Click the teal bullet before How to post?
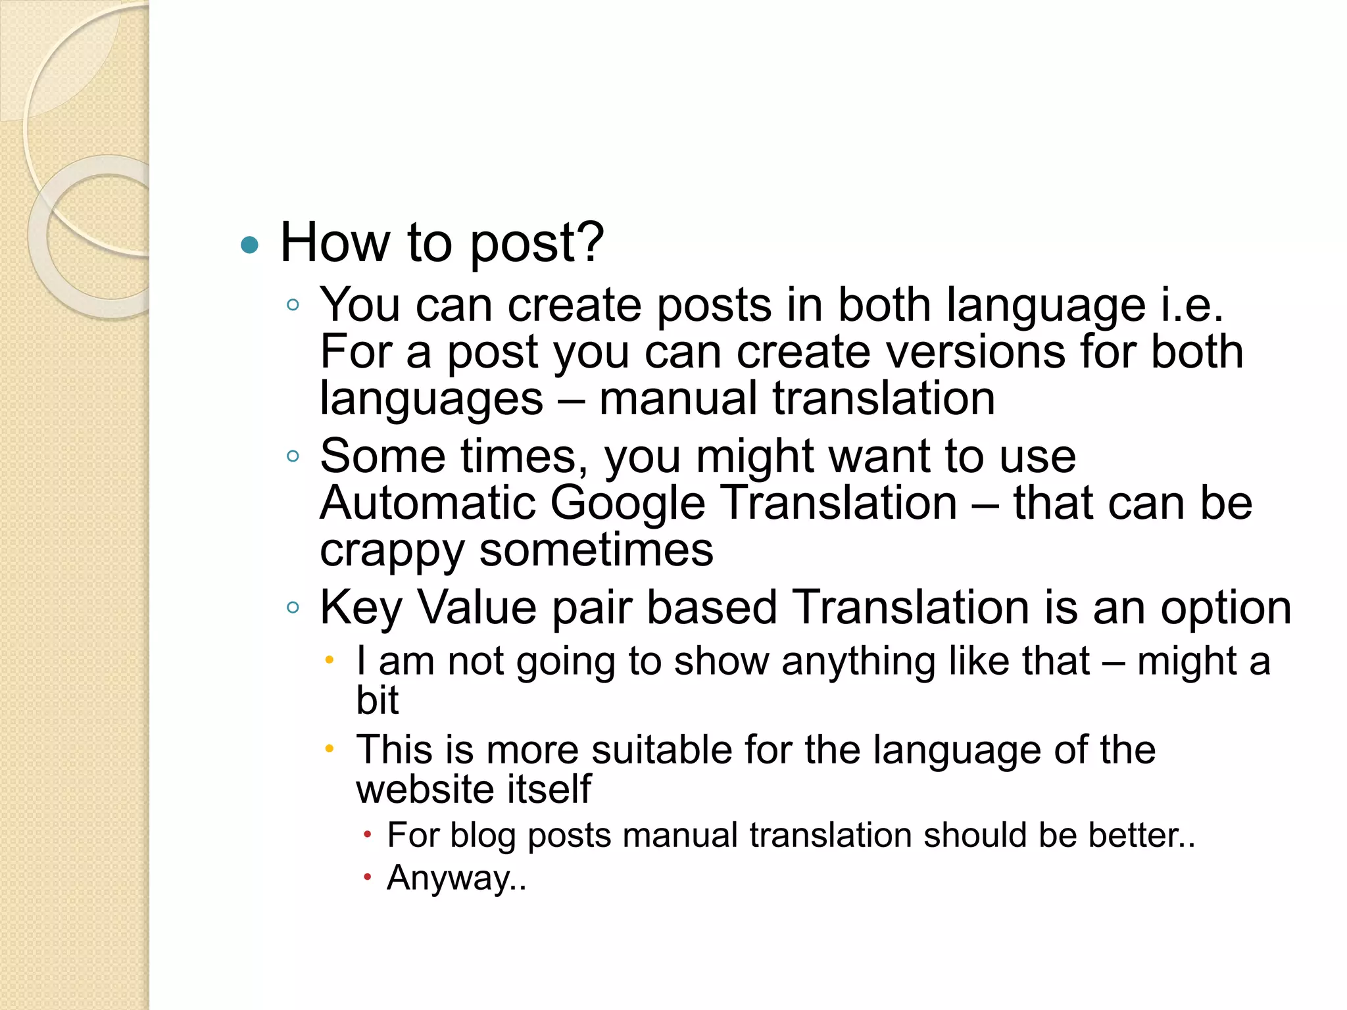coord(250,245)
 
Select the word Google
coord(627,504)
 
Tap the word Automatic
coord(428,504)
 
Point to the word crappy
coord(392,551)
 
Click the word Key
coord(360,608)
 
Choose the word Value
coord(478,608)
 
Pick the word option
coord(1226,608)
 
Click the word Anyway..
coord(453,877)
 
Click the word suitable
coord(661,750)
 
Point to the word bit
coord(377,700)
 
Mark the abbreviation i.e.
coord(1191,305)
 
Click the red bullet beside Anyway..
coord(368,877)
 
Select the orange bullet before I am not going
coord(330,660)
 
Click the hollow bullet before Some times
coord(293,456)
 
